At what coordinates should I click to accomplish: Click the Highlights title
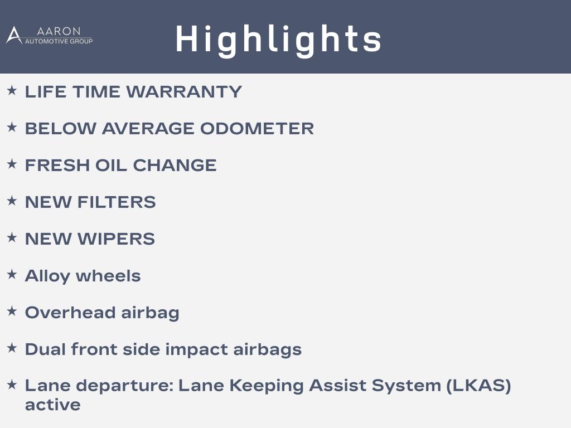click(278, 40)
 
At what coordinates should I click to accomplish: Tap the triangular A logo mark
click(14, 35)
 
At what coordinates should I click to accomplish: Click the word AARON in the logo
click(59, 31)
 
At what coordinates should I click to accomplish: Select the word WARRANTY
click(184, 92)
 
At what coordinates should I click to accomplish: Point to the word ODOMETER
click(257, 129)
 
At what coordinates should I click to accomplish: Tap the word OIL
click(112, 165)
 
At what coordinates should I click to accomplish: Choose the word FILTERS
click(117, 202)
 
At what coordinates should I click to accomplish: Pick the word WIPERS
click(116, 239)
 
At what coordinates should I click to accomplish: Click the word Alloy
click(47, 276)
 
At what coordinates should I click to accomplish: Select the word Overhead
click(70, 313)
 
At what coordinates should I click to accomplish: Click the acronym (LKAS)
click(478, 386)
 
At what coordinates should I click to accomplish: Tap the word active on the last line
click(53, 405)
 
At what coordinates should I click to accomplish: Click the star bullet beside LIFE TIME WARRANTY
click(12, 90)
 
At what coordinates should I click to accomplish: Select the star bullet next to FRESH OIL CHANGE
click(12, 164)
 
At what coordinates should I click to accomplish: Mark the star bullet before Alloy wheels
click(12, 274)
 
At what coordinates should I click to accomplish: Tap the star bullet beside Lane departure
click(12, 385)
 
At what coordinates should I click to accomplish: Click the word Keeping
click(266, 386)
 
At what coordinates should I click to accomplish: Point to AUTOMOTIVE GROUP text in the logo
click(59, 41)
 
